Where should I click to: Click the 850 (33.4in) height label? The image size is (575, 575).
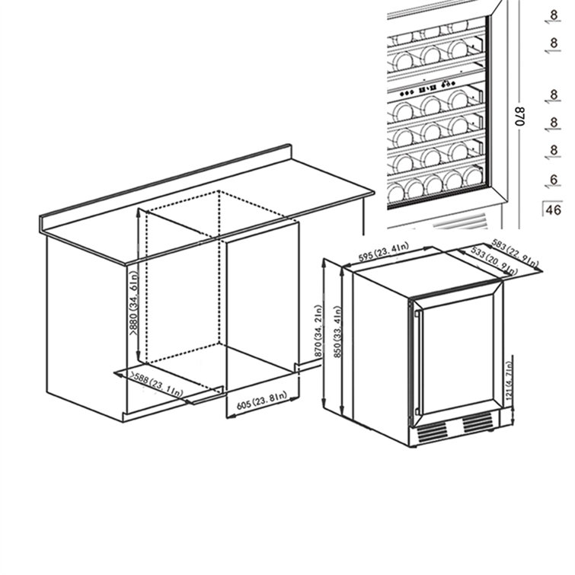[337, 337]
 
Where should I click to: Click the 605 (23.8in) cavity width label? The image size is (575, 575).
[260, 401]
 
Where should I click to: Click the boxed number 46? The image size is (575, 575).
[554, 209]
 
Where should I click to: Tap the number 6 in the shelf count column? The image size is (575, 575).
[554, 180]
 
